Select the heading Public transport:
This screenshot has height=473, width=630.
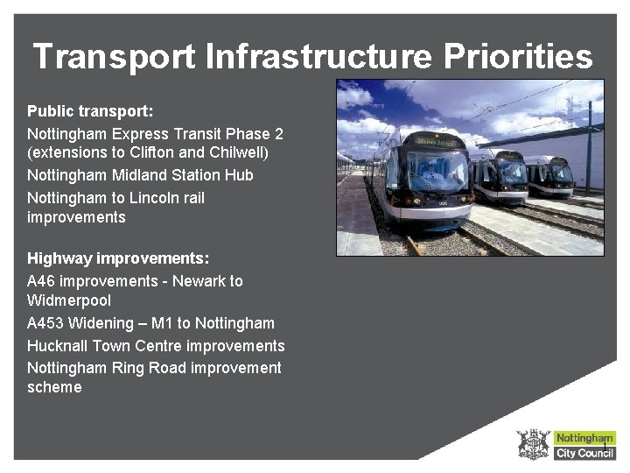click(x=90, y=111)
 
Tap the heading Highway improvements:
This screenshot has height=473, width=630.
click(x=118, y=258)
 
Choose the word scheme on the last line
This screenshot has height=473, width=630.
click(x=54, y=387)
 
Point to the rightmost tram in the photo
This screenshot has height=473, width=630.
click(x=550, y=176)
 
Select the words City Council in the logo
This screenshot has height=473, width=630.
click(x=584, y=453)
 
